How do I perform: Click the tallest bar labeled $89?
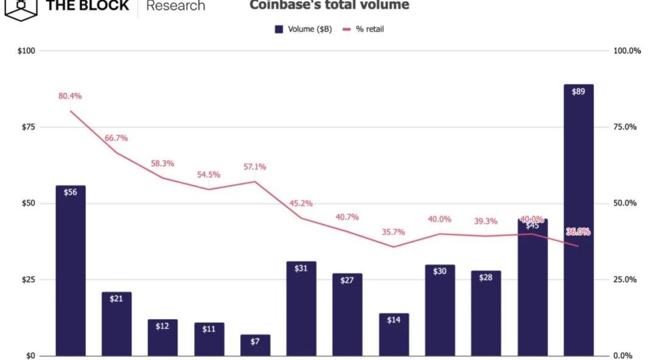pyautogui.click(x=578, y=220)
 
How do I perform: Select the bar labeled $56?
pyautogui.click(x=71, y=271)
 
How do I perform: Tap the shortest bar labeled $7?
pyautogui.click(x=255, y=345)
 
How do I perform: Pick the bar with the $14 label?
pyautogui.click(x=394, y=334)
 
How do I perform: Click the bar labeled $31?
pyautogui.click(x=301, y=308)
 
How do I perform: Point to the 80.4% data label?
pyautogui.click(x=70, y=96)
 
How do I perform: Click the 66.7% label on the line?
pyautogui.click(x=116, y=138)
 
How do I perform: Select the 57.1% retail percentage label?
pyautogui.click(x=255, y=167)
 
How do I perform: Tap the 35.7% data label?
pyautogui.click(x=394, y=232)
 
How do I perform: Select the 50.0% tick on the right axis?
pyautogui.click(x=625, y=203)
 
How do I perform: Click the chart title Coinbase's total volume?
pyautogui.click(x=329, y=5)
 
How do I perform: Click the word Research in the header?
pyautogui.click(x=176, y=6)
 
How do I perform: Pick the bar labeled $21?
pyautogui.click(x=116, y=324)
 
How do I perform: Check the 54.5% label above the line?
pyautogui.click(x=209, y=175)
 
